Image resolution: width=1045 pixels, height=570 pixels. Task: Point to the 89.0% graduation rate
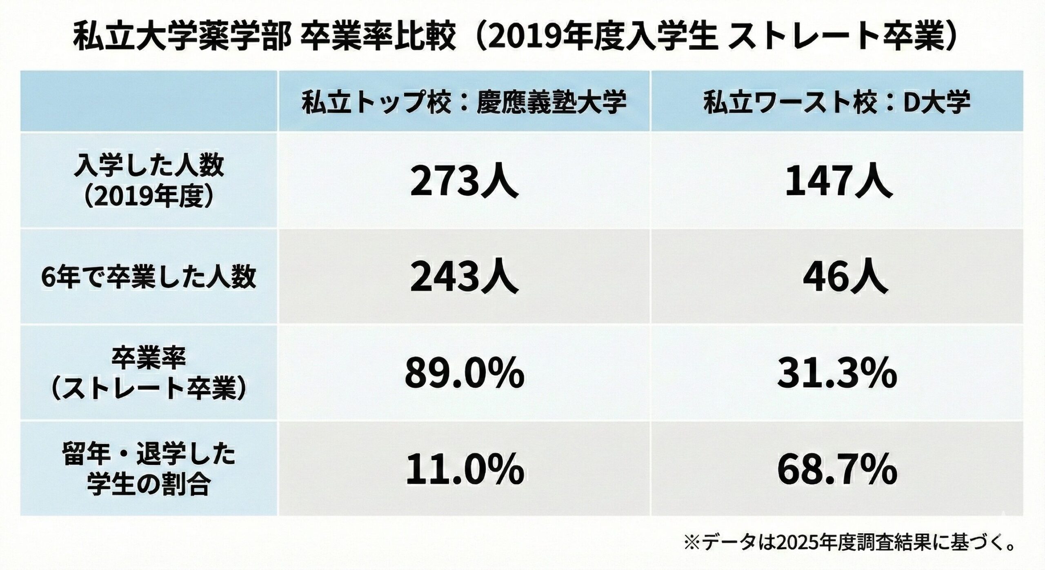464,373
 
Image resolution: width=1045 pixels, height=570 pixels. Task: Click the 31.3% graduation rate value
837,373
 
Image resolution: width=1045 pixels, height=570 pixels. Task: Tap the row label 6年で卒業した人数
149,278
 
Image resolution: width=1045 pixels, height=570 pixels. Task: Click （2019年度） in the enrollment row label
149,198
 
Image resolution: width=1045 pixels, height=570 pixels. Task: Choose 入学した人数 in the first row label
149,167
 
